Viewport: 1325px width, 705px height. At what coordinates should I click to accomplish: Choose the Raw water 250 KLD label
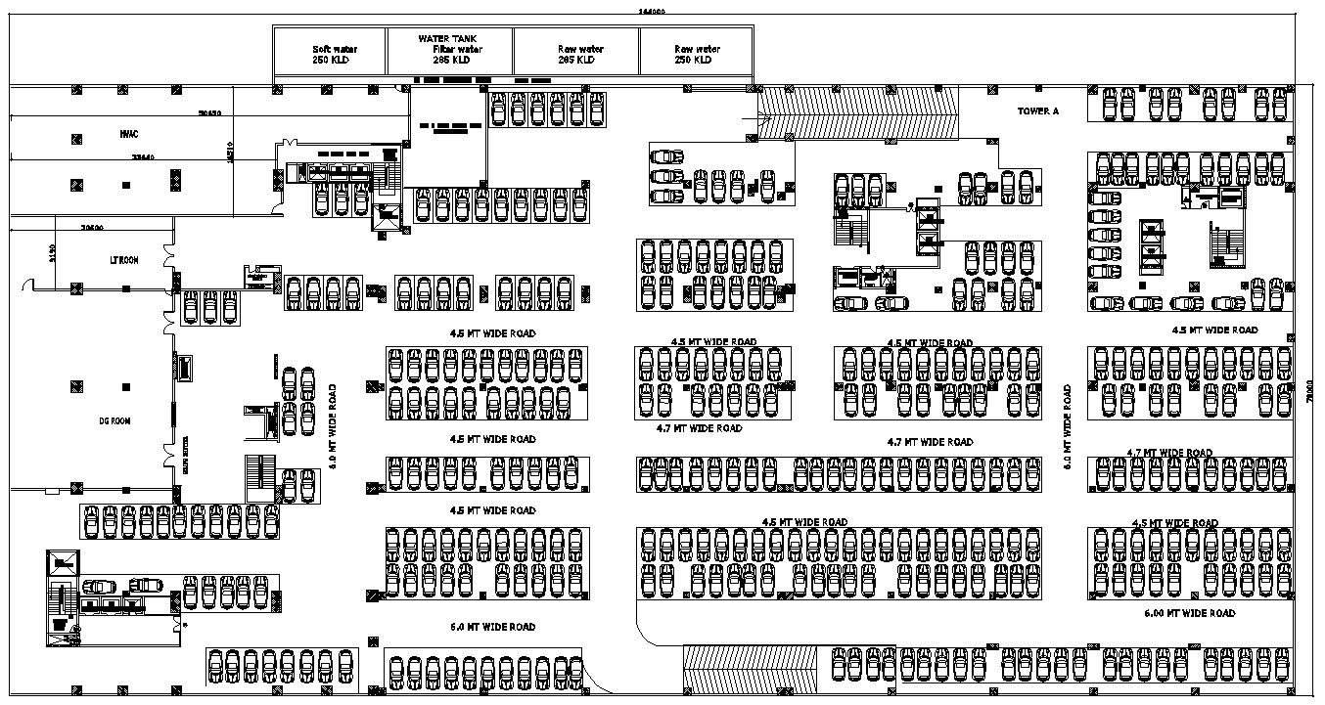click(x=696, y=55)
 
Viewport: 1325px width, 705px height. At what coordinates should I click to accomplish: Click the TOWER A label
click(x=1037, y=111)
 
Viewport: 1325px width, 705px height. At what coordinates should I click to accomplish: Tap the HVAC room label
click(x=127, y=133)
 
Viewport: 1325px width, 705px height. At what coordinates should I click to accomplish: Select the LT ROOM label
click(x=123, y=261)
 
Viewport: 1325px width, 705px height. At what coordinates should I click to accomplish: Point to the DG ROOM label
click(x=114, y=421)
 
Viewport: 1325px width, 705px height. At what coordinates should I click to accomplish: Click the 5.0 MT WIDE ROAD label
click(x=492, y=627)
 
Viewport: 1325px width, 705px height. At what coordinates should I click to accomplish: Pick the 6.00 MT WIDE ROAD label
click(x=1189, y=613)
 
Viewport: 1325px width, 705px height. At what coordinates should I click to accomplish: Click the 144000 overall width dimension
click(x=652, y=11)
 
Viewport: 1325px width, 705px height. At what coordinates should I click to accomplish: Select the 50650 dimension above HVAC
click(x=209, y=113)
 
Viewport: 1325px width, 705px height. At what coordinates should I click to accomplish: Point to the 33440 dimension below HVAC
click(x=143, y=156)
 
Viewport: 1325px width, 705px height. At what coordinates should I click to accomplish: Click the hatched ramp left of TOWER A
click(x=857, y=112)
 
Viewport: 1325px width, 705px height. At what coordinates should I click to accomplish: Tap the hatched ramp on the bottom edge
click(x=749, y=670)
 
